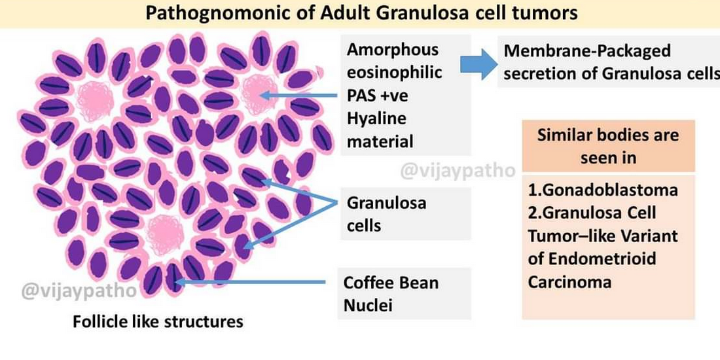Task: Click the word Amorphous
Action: [393, 50]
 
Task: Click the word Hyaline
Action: [376, 118]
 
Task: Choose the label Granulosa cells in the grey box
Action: [386, 214]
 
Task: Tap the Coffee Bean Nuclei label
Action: [391, 294]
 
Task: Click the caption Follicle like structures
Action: [158, 322]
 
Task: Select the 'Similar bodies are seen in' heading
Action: [607, 146]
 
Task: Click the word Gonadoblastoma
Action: [602, 190]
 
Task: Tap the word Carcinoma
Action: [570, 282]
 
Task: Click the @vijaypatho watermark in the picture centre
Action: [458, 171]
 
